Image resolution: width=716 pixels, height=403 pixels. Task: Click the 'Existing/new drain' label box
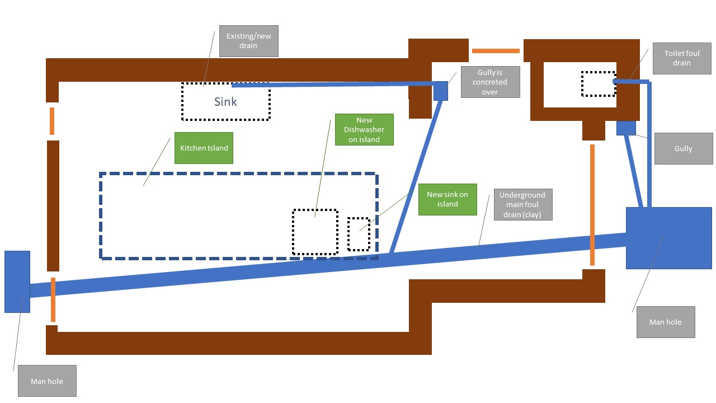(248, 41)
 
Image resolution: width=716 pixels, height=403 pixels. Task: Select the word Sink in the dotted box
(225, 102)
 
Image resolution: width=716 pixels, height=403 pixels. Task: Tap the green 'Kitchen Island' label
(204, 148)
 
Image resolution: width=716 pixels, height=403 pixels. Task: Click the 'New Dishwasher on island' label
(364, 130)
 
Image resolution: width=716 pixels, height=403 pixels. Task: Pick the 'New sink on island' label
(447, 199)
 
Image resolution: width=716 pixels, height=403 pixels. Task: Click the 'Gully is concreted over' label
(490, 82)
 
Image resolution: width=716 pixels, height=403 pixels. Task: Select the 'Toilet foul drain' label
(678, 58)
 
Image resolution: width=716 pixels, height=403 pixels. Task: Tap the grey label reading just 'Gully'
(684, 148)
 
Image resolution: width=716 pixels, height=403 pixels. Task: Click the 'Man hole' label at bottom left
(47, 381)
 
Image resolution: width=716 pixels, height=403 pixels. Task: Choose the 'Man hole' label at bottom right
(666, 322)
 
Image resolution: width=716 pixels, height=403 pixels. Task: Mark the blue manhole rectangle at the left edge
(17, 282)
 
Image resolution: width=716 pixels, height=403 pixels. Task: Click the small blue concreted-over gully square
(441, 91)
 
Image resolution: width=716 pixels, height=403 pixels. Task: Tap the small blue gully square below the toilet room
(626, 128)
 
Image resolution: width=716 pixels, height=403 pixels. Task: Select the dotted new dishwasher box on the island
(315, 232)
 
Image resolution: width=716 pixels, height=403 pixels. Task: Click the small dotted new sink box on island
(359, 234)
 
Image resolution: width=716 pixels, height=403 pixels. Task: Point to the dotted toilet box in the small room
(598, 83)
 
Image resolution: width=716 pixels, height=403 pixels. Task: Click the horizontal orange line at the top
(496, 51)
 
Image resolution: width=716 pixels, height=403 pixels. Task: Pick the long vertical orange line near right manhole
(592, 205)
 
